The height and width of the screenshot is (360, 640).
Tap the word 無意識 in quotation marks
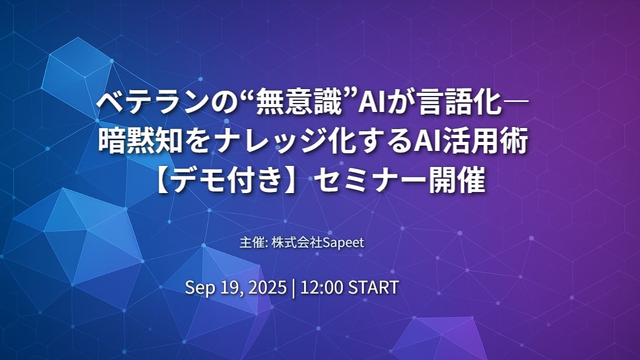click(x=297, y=103)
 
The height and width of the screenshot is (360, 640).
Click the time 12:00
click(x=322, y=287)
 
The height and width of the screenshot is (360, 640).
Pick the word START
click(x=373, y=287)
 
